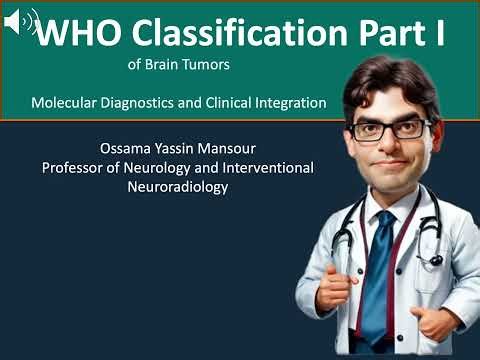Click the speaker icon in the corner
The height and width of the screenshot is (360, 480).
tap(20, 21)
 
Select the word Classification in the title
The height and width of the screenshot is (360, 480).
tap(232, 33)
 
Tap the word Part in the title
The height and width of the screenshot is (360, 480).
tap(386, 33)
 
